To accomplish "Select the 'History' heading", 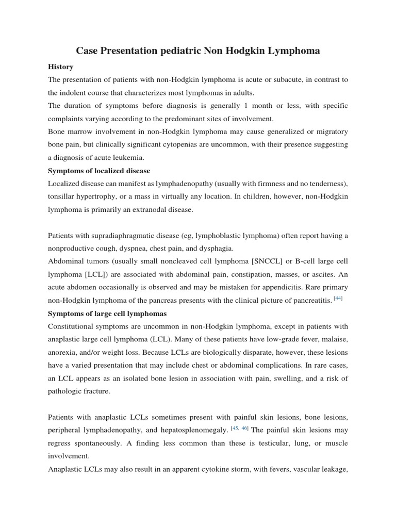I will (x=60, y=67).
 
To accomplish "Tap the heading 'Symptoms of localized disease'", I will (x=99, y=171).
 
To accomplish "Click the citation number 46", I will (x=244, y=428).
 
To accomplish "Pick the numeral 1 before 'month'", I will (x=232, y=106).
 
